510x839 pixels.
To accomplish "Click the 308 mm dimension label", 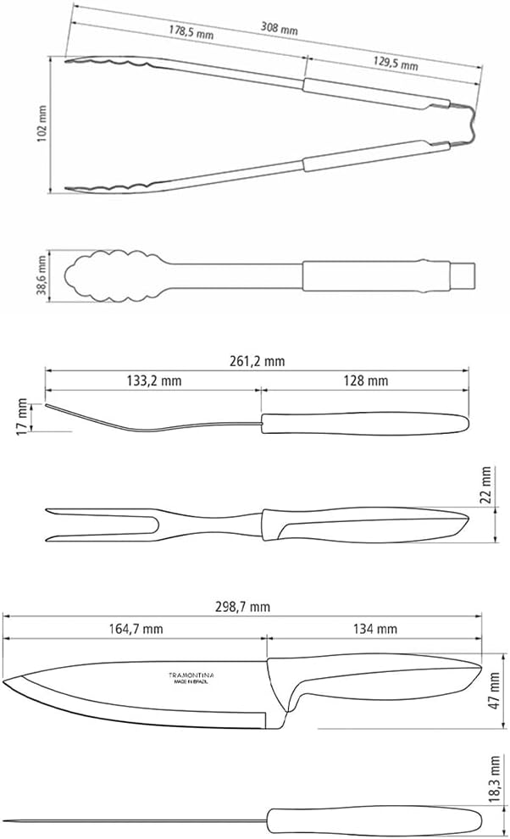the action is click(279, 27).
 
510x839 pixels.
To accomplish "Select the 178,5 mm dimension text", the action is click(191, 32).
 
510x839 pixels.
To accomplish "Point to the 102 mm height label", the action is click(42, 124).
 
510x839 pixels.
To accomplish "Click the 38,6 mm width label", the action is click(42, 276).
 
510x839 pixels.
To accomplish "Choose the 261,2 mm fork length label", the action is click(258, 361).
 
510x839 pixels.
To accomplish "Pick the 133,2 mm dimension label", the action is click(154, 381).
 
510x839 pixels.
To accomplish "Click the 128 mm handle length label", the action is click(366, 381).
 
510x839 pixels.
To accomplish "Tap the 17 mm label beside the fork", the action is click(22, 416).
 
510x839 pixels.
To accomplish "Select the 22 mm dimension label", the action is click(486, 485).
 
